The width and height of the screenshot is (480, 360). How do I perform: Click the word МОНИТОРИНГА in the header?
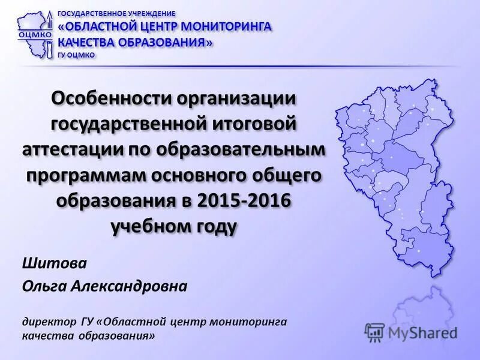pyautogui.click(x=231, y=27)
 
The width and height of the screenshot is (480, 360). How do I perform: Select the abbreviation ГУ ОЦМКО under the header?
pyautogui.click(x=76, y=55)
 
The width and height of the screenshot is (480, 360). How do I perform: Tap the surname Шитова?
pyautogui.click(x=46, y=263)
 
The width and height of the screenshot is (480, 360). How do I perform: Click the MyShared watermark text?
pyautogui.click(x=422, y=332)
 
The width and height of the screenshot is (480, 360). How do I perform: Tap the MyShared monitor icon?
pyautogui.click(x=375, y=332)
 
